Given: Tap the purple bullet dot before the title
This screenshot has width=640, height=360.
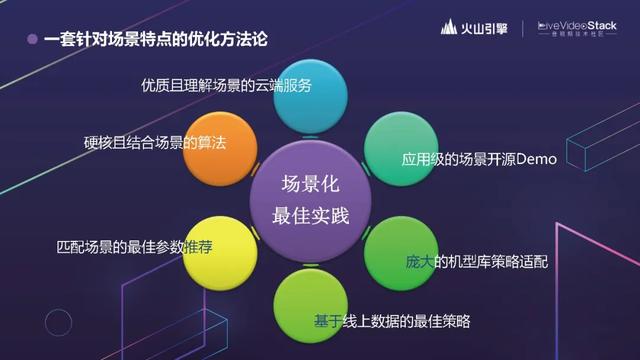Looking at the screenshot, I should [x=32, y=40].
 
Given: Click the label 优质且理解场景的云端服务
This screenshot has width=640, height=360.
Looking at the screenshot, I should [x=227, y=85].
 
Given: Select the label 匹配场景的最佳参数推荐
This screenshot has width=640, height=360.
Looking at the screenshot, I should [x=134, y=245].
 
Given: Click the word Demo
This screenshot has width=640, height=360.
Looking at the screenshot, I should [x=535, y=159].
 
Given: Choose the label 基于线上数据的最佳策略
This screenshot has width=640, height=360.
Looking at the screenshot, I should [x=392, y=321].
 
